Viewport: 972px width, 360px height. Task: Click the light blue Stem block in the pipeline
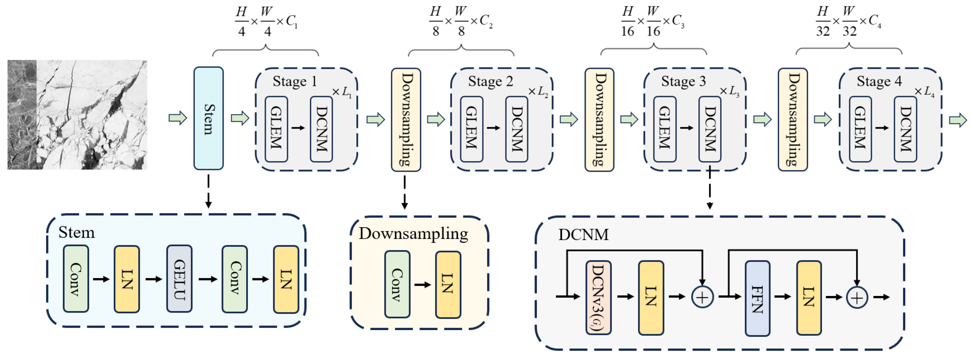(x=208, y=118)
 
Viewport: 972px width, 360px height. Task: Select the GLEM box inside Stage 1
(x=276, y=129)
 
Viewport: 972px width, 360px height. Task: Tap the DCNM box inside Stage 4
(x=905, y=129)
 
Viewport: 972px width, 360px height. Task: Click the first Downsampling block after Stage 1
(x=406, y=119)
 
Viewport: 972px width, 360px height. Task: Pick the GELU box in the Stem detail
(x=179, y=279)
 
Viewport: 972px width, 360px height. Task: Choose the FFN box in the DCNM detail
(x=757, y=298)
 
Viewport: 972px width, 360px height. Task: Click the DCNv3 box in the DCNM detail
(x=598, y=298)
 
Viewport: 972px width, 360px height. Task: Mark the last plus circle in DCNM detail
(x=857, y=298)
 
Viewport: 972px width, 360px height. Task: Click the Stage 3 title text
(x=683, y=82)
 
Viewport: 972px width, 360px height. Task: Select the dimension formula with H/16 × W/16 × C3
(x=653, y=21)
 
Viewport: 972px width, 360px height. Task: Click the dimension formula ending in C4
(x=848, y=21)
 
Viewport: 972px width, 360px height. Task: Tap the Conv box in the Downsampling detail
(x=397, y=284)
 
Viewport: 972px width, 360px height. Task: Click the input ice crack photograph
(x=77, y=114)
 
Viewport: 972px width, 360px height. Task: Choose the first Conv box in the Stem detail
(x=76, y=279)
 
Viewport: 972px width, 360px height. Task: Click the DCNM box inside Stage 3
(x=710, y=129)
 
